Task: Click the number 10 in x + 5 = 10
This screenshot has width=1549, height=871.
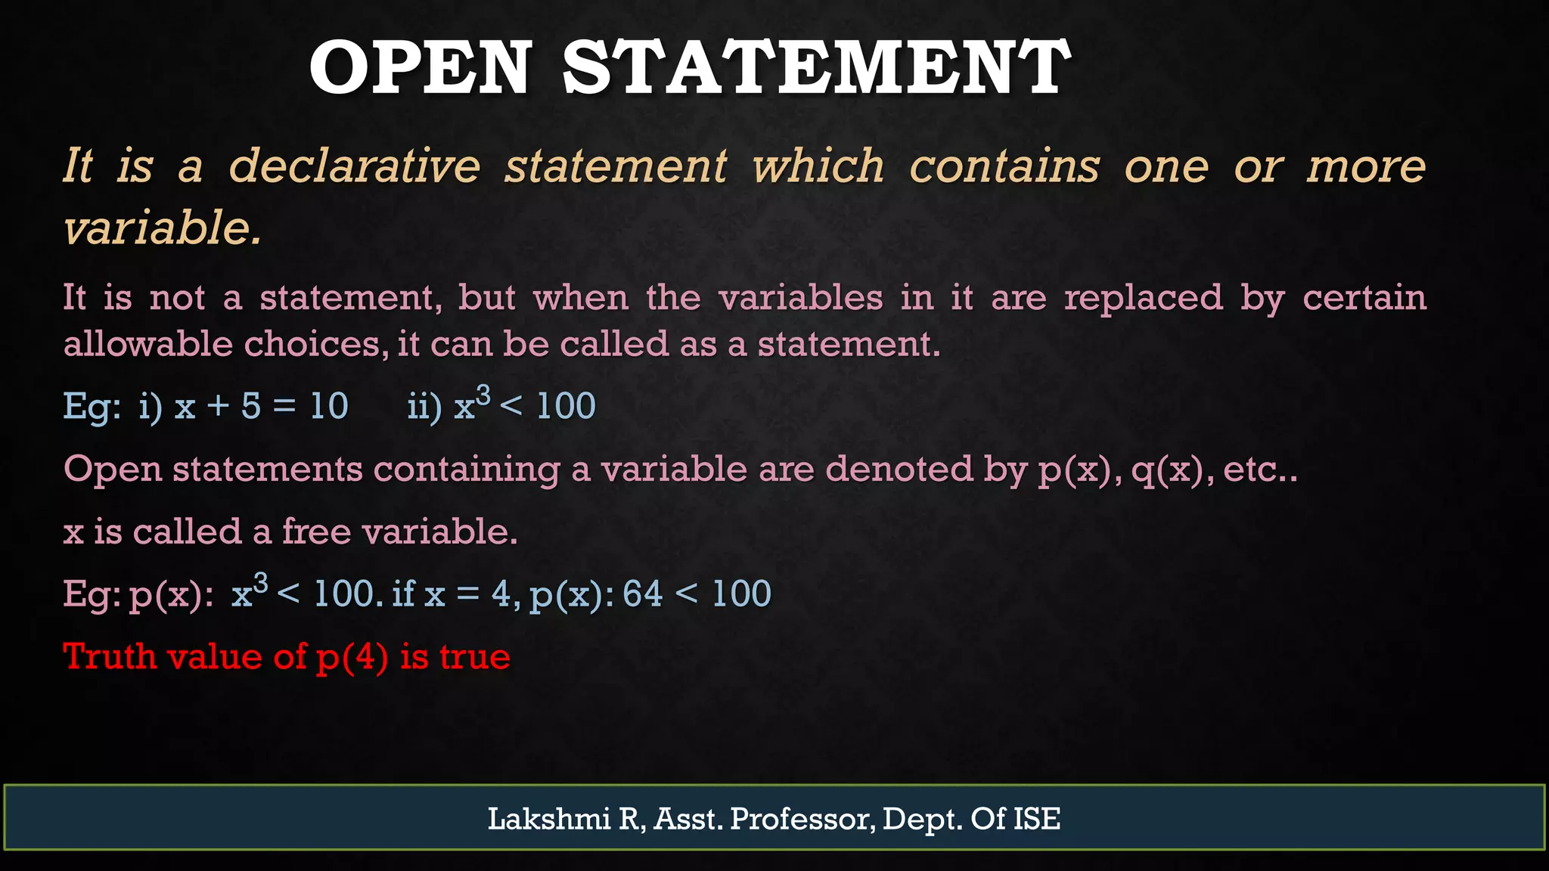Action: click(x=329, y=407)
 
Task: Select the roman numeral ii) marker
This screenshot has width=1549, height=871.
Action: click(x=424, y=407)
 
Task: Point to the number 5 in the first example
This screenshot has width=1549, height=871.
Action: click(x=251, y=407)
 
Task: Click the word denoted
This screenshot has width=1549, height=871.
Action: click(x=899, y=470)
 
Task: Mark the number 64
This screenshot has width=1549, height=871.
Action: click(x=643, y=594)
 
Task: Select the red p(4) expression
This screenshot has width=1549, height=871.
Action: click(x=352, y=657)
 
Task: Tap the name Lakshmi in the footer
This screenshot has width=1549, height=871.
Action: click(x=548, y=819)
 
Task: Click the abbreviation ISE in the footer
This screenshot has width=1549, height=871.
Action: click(x=1037, y=819)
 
